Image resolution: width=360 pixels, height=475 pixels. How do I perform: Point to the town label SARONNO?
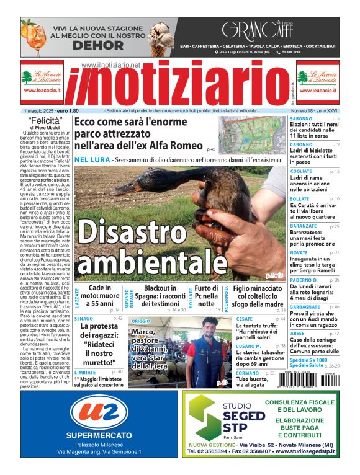(301, 118)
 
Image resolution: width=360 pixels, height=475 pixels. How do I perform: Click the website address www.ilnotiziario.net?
(110, 65)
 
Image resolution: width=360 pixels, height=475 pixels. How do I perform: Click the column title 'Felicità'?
(47, 121)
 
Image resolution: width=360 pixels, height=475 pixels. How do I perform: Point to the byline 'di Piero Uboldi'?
(47, 128)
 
